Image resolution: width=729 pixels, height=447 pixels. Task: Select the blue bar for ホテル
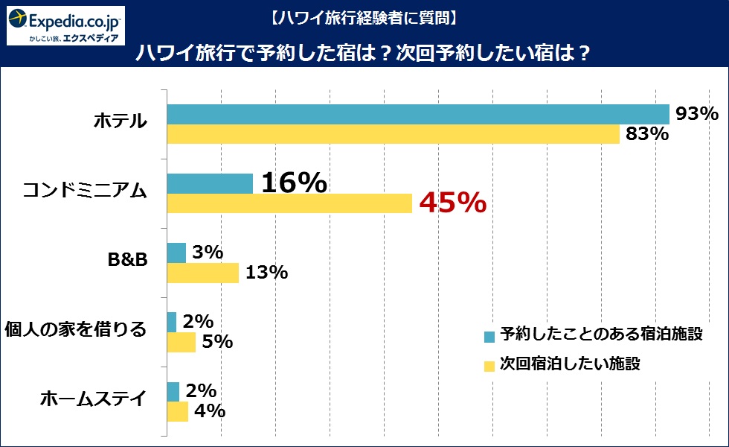(x=418, y=114)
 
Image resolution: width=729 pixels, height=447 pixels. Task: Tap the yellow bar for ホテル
(x=393, y=134)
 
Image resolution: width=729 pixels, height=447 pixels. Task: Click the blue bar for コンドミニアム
(x=210, y=183)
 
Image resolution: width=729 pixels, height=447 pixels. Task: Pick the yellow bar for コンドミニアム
(x=289, y=203)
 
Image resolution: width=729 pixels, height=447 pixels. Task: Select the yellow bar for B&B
(x=202, y=273)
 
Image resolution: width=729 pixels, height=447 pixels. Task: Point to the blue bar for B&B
(x=176, y=253)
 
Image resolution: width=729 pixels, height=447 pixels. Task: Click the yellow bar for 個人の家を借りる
(x=181, y=342)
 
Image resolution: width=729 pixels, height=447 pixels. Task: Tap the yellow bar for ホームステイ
(x=177, y=411)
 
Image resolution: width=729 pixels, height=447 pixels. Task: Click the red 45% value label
(x=453, y=203)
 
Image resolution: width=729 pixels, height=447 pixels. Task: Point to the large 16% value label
(x=294, y=183)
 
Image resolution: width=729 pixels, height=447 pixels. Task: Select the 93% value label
(x=697, y=114)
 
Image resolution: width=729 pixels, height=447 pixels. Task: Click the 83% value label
(x=646, y=134)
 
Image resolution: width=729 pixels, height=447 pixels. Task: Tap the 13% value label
(x=266, y=273)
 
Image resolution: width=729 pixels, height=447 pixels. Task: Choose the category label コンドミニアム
(x=85, y=191)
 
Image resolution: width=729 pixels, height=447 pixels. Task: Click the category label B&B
(x=128, y=261)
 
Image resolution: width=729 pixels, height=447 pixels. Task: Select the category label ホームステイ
(x=93, y=399)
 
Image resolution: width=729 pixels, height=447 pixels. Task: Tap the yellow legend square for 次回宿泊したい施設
(x=489, y=366)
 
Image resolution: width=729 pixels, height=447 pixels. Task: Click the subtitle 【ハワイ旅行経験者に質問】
(x=363, y=16)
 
